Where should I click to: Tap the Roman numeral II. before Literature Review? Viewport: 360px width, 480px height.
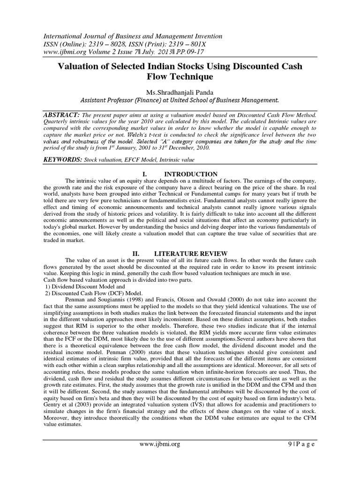pos(136,254)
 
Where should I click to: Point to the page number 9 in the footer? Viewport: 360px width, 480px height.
pos(279,443)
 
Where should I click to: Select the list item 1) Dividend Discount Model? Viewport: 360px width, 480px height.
pos(80,285)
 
